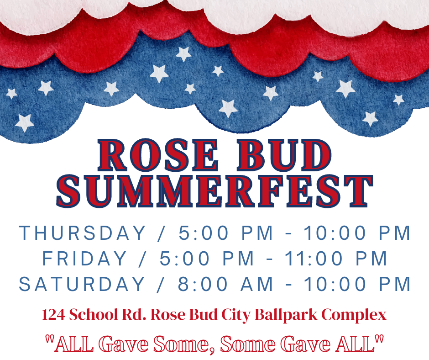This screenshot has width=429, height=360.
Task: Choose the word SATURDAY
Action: point(82,284)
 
